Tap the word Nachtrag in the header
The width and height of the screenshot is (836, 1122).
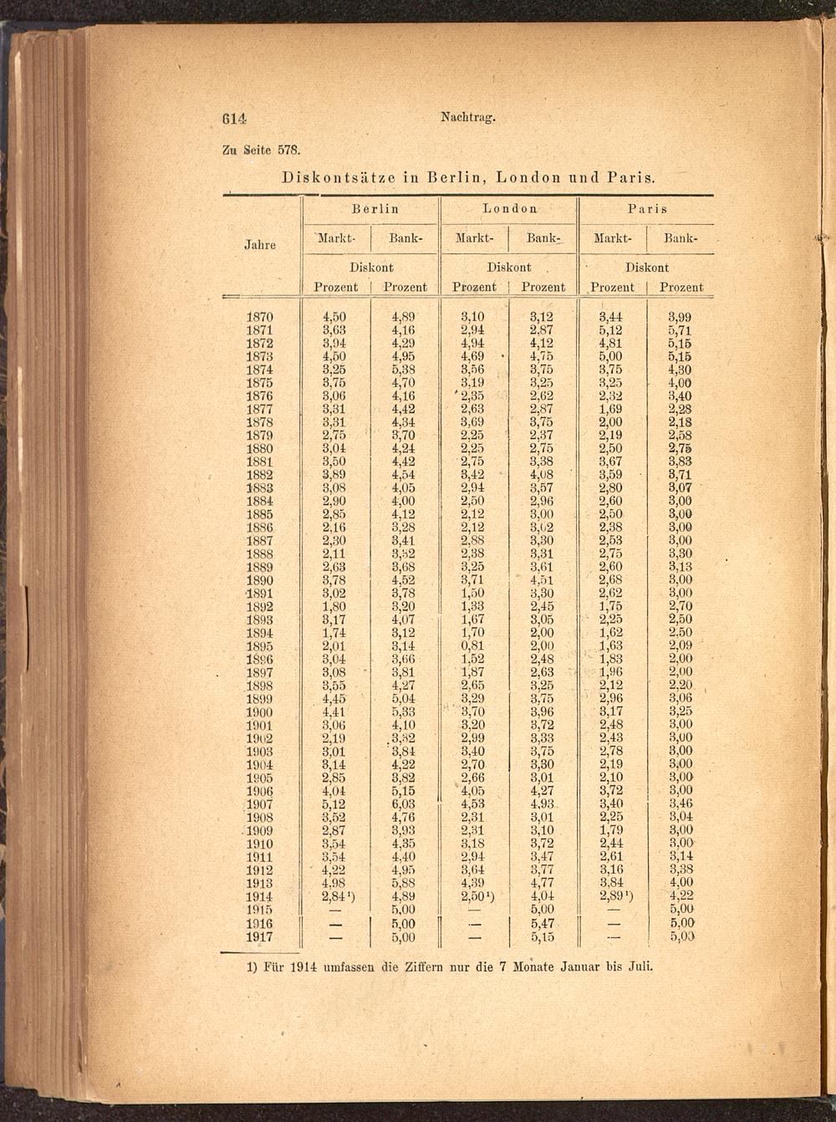467,118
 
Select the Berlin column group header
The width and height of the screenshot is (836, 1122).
375,209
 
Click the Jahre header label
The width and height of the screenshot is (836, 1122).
260,245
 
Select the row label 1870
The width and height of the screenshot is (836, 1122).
260,317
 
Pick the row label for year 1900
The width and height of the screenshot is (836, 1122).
260,712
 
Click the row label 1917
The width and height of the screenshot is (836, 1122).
260,937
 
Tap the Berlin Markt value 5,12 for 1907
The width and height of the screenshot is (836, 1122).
334,804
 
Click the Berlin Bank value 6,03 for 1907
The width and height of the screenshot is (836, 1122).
404,804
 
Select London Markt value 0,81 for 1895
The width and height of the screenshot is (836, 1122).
472,646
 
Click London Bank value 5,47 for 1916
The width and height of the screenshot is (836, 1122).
543,924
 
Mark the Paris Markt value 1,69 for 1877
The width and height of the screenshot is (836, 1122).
611,409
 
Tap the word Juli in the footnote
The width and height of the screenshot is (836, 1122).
637,966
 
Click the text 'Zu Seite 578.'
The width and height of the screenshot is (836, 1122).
260,150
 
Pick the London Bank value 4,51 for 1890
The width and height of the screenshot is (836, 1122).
542,580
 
